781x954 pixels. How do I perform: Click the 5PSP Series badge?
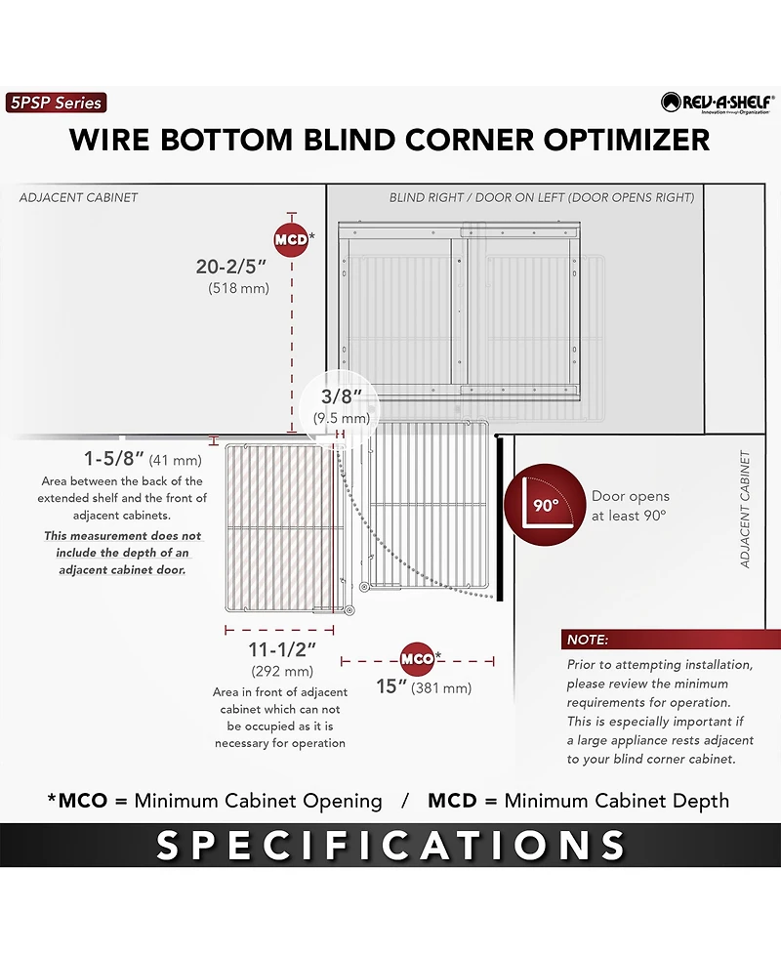pyautogui.click(x=56, y=103)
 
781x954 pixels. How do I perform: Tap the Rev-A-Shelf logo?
pyautogui.click(x=718, y=103)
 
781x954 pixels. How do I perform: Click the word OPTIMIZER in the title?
pyautogui.click(x=627, y=140)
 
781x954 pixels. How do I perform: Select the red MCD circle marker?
pyautogui.click(x=291, y=239)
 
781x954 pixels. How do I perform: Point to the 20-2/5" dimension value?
pyautogui.click(x=231, y=267)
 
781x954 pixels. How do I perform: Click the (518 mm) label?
pyautogui.click(x=238, y=288)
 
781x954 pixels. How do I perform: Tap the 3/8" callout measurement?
pyautogui.click(x=342, y=396)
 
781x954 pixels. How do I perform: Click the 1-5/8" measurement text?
pyautogui.click(x=114, y=458)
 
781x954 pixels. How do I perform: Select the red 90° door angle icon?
pyautogui.click(x=545, y=505)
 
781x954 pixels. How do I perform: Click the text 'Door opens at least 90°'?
pyautogui.click(x=630, y=506)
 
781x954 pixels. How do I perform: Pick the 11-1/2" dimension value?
pyautogui.click(x=281, y=649)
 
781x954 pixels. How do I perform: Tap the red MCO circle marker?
pyautogui.click(x=417, y=659)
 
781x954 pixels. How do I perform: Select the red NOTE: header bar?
pyautogui.click(x=671, y=640)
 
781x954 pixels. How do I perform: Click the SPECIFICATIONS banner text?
pyautogui.click(x=390, y=845)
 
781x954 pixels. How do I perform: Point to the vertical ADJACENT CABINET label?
pyautogui.click(x=745, y=510)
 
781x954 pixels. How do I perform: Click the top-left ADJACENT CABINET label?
pyautogui.click(x=78, y=197)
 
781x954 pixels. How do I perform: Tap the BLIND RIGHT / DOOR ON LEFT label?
pyautogui.click(x=542, y=198)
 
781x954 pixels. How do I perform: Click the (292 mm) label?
pyautogui.click(x=282, y=672)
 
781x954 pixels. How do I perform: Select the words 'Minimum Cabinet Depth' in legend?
pyautogui.click(x=617, y=801)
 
